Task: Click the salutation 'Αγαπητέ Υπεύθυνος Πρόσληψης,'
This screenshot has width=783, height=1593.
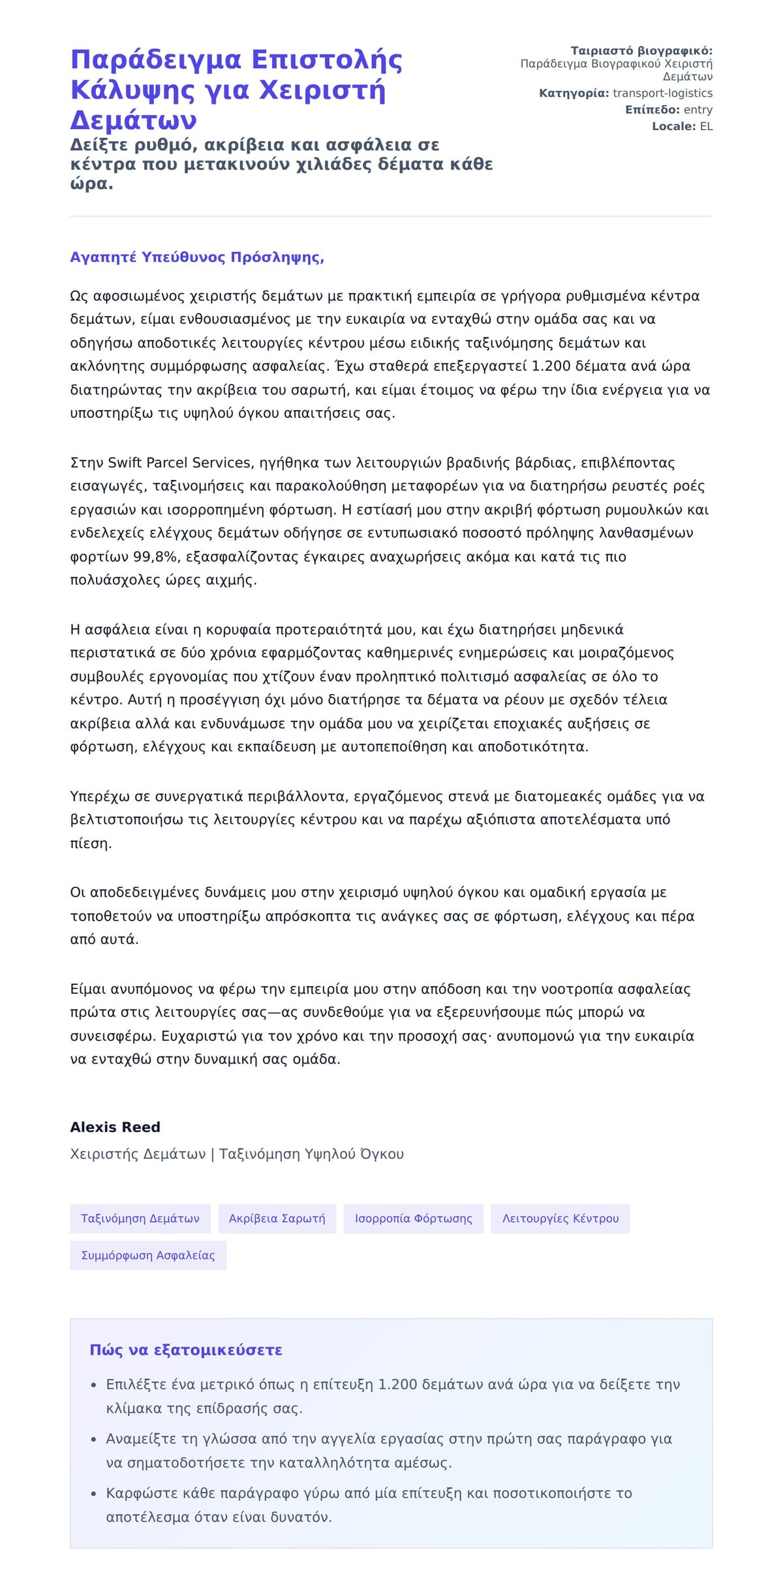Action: [197, 257]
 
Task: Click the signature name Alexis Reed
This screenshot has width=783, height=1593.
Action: [115, 1127]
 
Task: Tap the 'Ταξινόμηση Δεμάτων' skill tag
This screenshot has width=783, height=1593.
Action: [140, 1218]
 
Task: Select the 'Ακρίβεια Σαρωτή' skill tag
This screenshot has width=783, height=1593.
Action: [277, 1218]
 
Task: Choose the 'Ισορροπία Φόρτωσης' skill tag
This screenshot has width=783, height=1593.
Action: [413, 1218]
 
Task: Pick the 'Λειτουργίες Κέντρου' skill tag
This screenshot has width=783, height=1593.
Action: [560, 1218]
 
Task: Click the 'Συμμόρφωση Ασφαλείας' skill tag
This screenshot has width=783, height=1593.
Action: [148, 1255]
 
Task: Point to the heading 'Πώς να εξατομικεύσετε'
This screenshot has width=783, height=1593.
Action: [186, 1350]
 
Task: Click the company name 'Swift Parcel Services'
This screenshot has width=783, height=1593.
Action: [179, 463]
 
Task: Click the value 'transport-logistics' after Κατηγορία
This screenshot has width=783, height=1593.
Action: [662, 93]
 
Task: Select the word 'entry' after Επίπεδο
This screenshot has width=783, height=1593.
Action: [698, 110]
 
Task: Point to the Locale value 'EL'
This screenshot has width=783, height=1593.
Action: [706, 126]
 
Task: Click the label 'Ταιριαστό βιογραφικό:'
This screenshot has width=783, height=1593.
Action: [641, 51]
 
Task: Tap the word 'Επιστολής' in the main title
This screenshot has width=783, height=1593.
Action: [326, 60]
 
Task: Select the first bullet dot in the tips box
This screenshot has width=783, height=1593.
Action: [93, 1385]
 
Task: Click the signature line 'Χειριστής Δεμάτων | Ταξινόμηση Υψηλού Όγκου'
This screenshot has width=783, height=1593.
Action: [237, 1154]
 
